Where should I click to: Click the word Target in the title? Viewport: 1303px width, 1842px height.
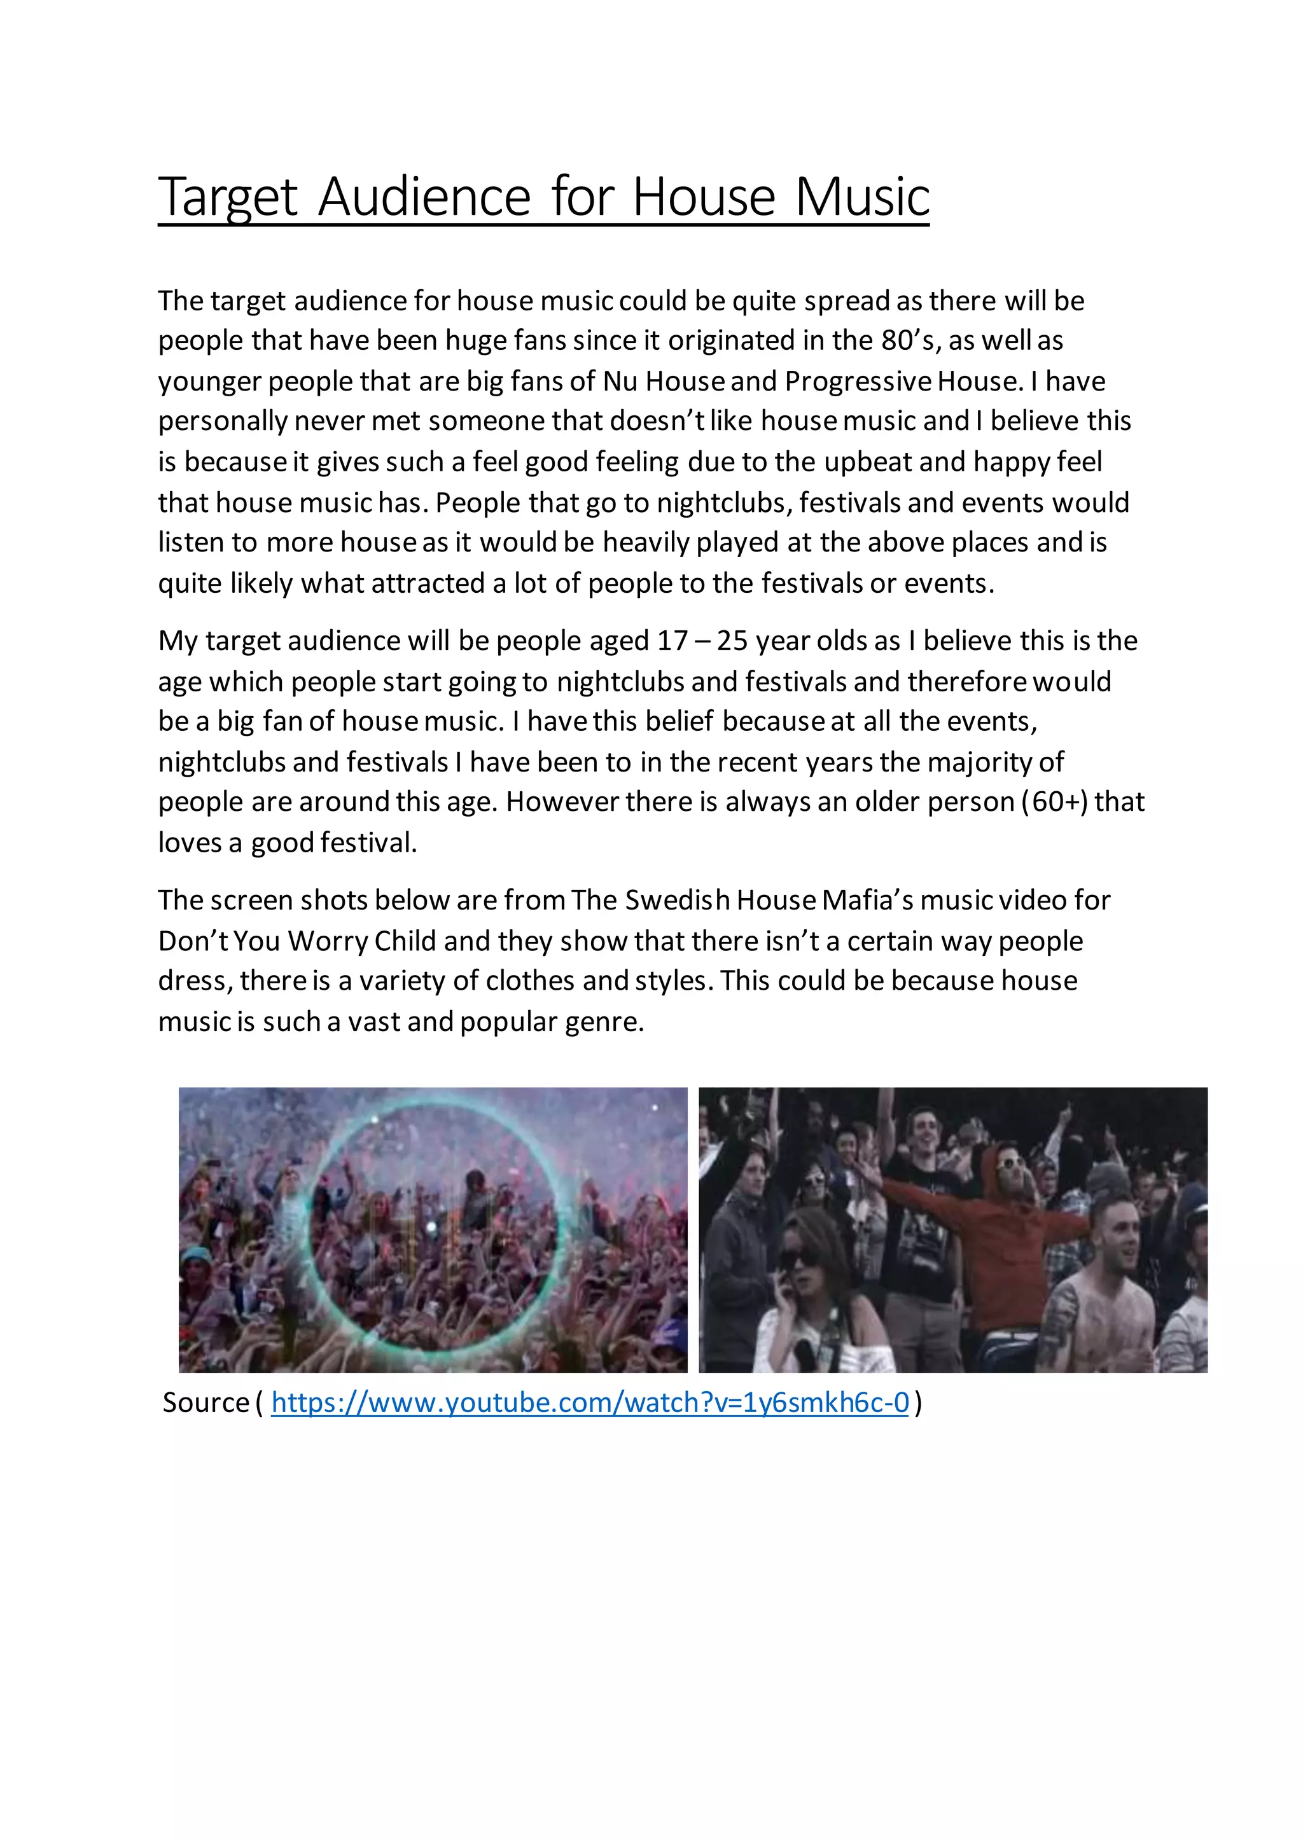[228, 197]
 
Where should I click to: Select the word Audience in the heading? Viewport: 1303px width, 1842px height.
[424, 197]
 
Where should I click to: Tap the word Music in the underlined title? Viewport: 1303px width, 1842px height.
[863, 197]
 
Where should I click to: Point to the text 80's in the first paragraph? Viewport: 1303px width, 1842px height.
[910, 341]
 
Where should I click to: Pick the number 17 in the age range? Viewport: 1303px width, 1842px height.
[672, 641]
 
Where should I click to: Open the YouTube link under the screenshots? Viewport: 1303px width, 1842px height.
[590, 1402]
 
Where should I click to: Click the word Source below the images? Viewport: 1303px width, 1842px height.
[206, 1402]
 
